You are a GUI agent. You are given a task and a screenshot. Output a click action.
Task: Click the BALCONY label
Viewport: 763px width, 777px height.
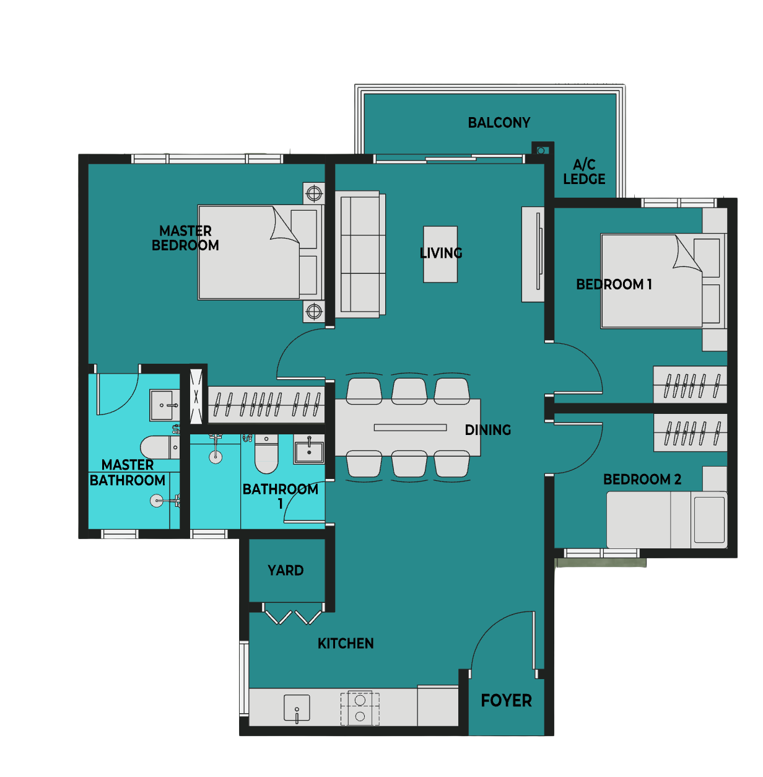(x=499, y=123)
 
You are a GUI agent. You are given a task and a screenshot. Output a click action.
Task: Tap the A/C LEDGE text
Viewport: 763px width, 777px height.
(x=584, y=172)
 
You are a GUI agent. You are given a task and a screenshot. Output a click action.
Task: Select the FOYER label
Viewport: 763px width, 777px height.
(x=506, y=701)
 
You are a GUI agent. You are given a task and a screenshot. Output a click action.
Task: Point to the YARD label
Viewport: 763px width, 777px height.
(x=286, y=571)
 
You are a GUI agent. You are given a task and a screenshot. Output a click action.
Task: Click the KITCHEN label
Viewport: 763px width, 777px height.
(x=346, y=644)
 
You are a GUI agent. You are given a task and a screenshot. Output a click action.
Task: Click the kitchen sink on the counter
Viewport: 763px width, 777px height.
(x=297, y=708)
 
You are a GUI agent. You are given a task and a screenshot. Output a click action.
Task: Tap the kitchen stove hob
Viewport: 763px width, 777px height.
(x=360, y=709)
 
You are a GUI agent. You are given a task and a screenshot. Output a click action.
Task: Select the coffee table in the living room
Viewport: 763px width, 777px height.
(x=440, y=254)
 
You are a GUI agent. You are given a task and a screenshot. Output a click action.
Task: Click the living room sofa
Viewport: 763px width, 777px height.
(x=360, y=255)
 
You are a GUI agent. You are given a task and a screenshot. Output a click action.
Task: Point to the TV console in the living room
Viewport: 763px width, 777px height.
(x=533, y=255)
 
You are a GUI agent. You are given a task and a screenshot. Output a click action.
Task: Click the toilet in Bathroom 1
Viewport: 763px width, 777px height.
(x=266, y=454)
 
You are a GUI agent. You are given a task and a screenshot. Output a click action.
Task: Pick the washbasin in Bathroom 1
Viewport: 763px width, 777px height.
(x=309, y=450)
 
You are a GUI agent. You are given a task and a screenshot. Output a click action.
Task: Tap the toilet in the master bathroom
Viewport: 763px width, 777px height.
(x=160, y=447)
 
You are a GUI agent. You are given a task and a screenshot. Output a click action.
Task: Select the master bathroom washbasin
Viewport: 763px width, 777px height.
(x=165, y=405)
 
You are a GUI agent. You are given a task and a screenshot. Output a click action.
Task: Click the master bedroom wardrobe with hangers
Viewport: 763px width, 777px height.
(x=266, y=405)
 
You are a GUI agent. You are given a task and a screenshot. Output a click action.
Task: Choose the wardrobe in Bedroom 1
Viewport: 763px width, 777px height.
(x=690, y=385)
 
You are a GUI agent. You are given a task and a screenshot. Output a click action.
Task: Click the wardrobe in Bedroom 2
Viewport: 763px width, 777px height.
(x=690, y=433)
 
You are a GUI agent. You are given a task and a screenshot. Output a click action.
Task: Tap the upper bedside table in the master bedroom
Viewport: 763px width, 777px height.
(x=314, y=193)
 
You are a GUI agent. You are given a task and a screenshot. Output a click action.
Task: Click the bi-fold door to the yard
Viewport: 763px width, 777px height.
(x=293, y=613)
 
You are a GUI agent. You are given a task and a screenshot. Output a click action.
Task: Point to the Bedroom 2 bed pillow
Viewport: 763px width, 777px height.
(x=709, y=519)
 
